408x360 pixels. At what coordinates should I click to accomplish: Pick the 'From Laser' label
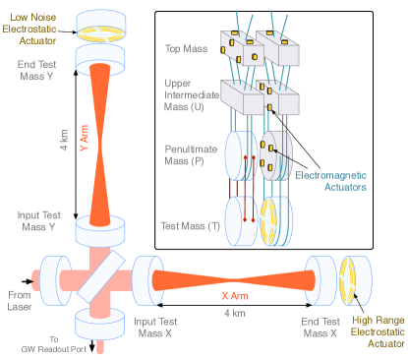click(20, 299)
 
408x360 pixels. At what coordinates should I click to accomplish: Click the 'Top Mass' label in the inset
click(187, 47)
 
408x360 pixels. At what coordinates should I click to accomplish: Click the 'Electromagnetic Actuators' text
click(331, 181)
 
